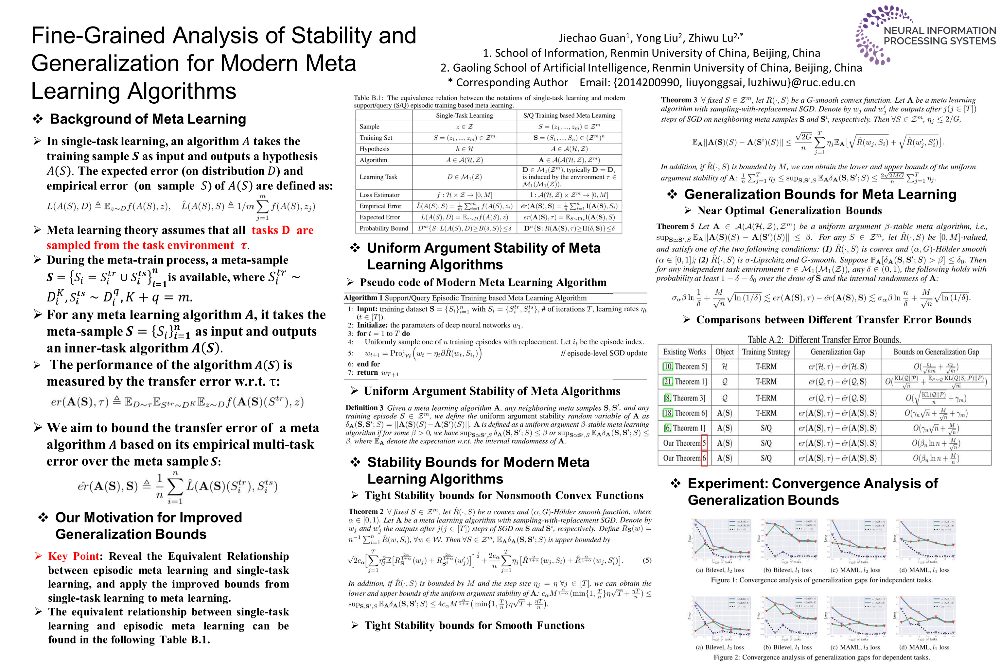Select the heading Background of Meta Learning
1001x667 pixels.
tap(148, 119)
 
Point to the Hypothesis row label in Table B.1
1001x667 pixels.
tap(374, 149)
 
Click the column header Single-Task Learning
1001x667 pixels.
tap(464, 115)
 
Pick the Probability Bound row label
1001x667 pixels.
tap(383, 229)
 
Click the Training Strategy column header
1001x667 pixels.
tap(766, 352)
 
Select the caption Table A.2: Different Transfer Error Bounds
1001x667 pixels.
tap(824, 339)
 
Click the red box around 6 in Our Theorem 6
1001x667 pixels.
tap(704, 458)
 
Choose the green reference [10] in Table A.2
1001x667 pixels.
tap(668, 366)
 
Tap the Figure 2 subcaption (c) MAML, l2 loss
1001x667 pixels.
tap(855, 647)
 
